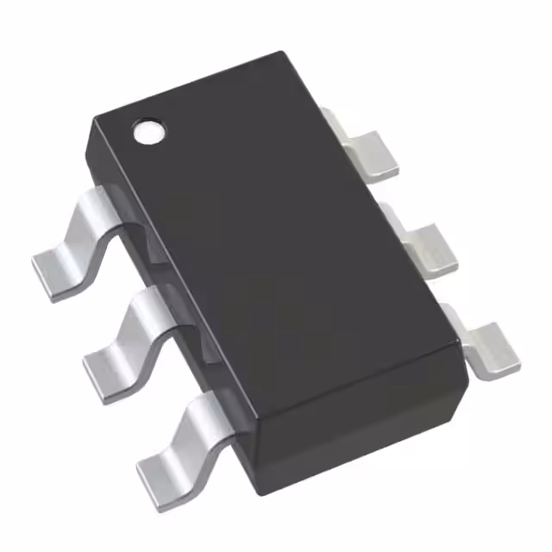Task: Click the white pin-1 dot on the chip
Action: tap(148, 131)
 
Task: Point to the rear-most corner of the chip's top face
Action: tap(285, 54)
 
